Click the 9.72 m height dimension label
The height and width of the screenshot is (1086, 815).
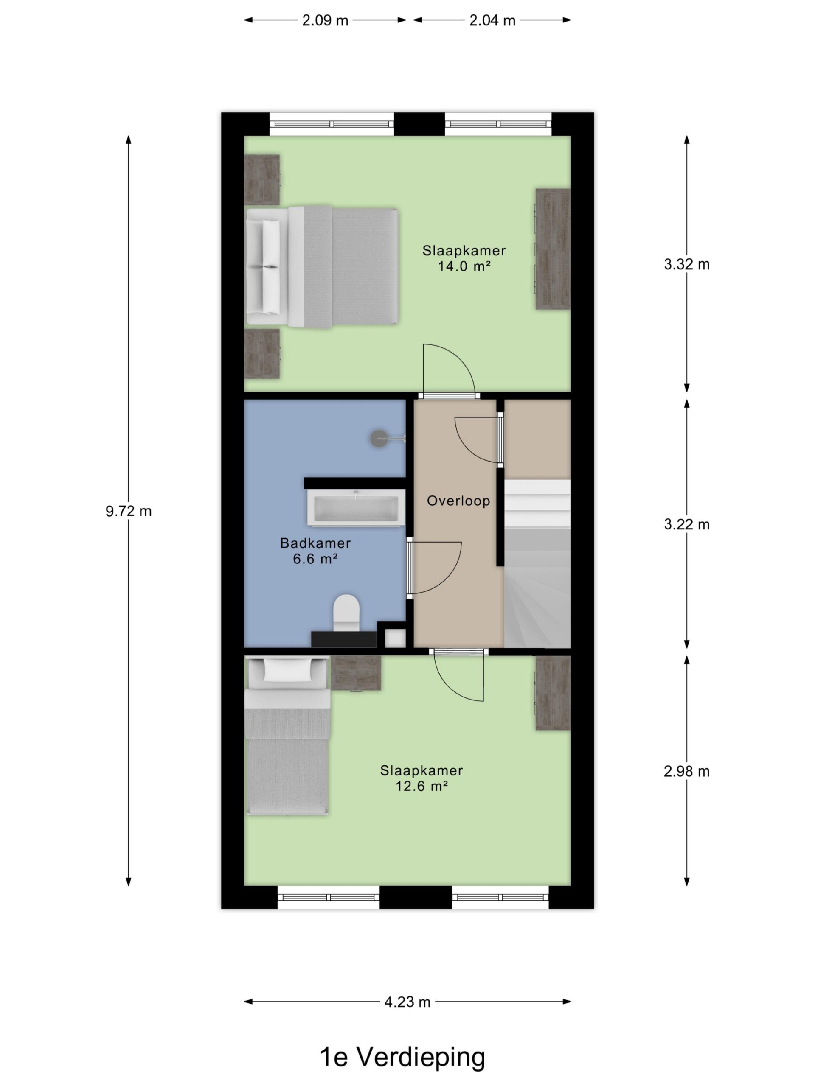[128, 511]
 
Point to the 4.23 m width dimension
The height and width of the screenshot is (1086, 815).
[407, 1002]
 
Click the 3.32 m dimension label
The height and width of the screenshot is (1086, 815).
[687, 264]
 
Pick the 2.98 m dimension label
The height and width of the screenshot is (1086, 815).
[687, 771]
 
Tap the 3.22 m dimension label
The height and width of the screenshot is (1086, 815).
[687, 524]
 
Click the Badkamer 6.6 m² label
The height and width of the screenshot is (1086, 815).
[315, 551]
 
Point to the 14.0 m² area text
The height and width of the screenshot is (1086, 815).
[464, 266]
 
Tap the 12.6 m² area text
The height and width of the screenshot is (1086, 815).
[422, 786]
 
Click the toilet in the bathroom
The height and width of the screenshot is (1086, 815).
[346, 614]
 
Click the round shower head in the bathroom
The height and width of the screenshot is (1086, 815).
[379, 438]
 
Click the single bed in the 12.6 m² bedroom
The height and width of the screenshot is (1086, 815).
[287, 736]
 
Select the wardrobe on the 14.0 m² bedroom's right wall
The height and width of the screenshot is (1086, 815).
[553, 249]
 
